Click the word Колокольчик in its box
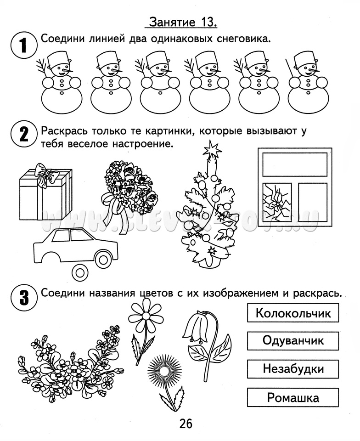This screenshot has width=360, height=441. coord(293,313)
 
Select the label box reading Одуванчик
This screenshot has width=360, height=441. coord(293,340)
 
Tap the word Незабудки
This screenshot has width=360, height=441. coord(293,369)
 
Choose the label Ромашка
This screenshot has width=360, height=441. coord(293,397)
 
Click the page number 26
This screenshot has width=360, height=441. coord(186,423)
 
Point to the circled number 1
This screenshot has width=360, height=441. coord(24,45)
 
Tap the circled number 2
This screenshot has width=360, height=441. coord(24,135)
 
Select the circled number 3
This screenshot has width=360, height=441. coord(24,297)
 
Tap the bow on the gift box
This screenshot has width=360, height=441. coord(45,175)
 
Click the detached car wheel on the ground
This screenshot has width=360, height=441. coord(80,272)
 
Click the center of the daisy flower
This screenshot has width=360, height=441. coord(146,316)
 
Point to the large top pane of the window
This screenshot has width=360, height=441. coord(295,164)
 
